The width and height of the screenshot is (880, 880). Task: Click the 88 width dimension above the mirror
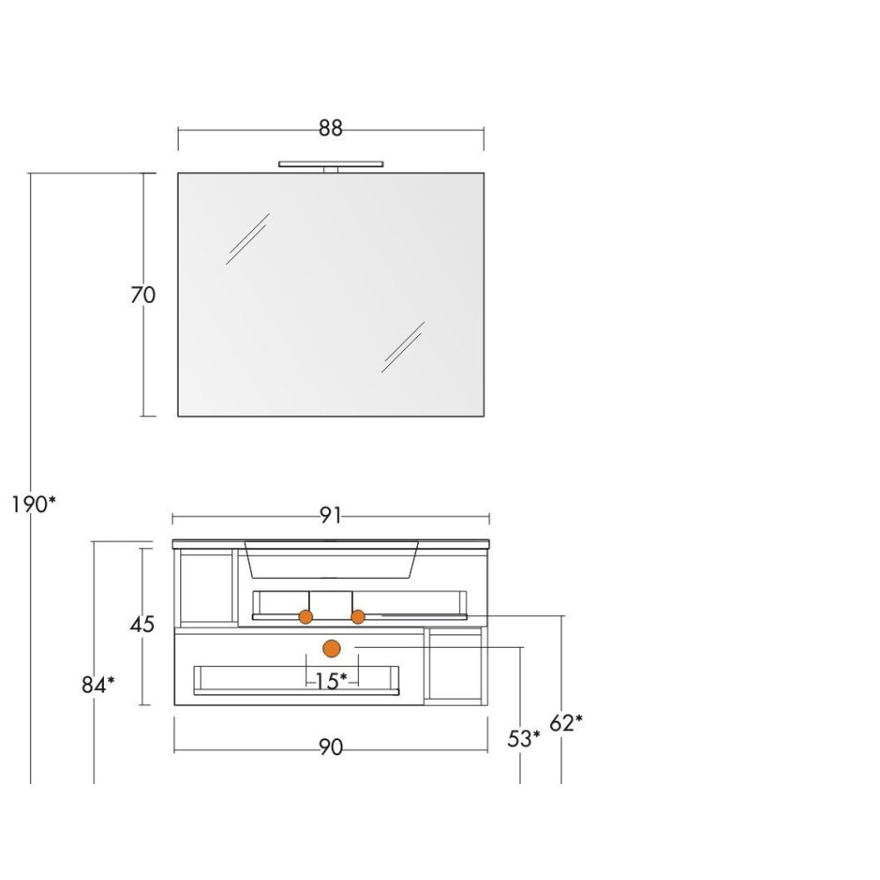click(330, 128)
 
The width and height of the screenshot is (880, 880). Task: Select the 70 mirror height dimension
click(143, 295)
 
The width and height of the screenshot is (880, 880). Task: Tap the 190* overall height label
click(33, 505)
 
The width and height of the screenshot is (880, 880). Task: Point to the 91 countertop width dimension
click(330, 515)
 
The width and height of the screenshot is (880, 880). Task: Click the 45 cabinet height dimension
click(142, 624)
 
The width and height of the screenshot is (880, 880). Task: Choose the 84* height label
click(98, 685)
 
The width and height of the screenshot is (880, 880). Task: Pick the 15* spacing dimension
click(331, 681)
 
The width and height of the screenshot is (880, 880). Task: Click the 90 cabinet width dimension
click(331, 747)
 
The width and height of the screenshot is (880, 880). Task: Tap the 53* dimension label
click(524, 738)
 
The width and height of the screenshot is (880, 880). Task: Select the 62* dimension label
click(566, 722)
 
